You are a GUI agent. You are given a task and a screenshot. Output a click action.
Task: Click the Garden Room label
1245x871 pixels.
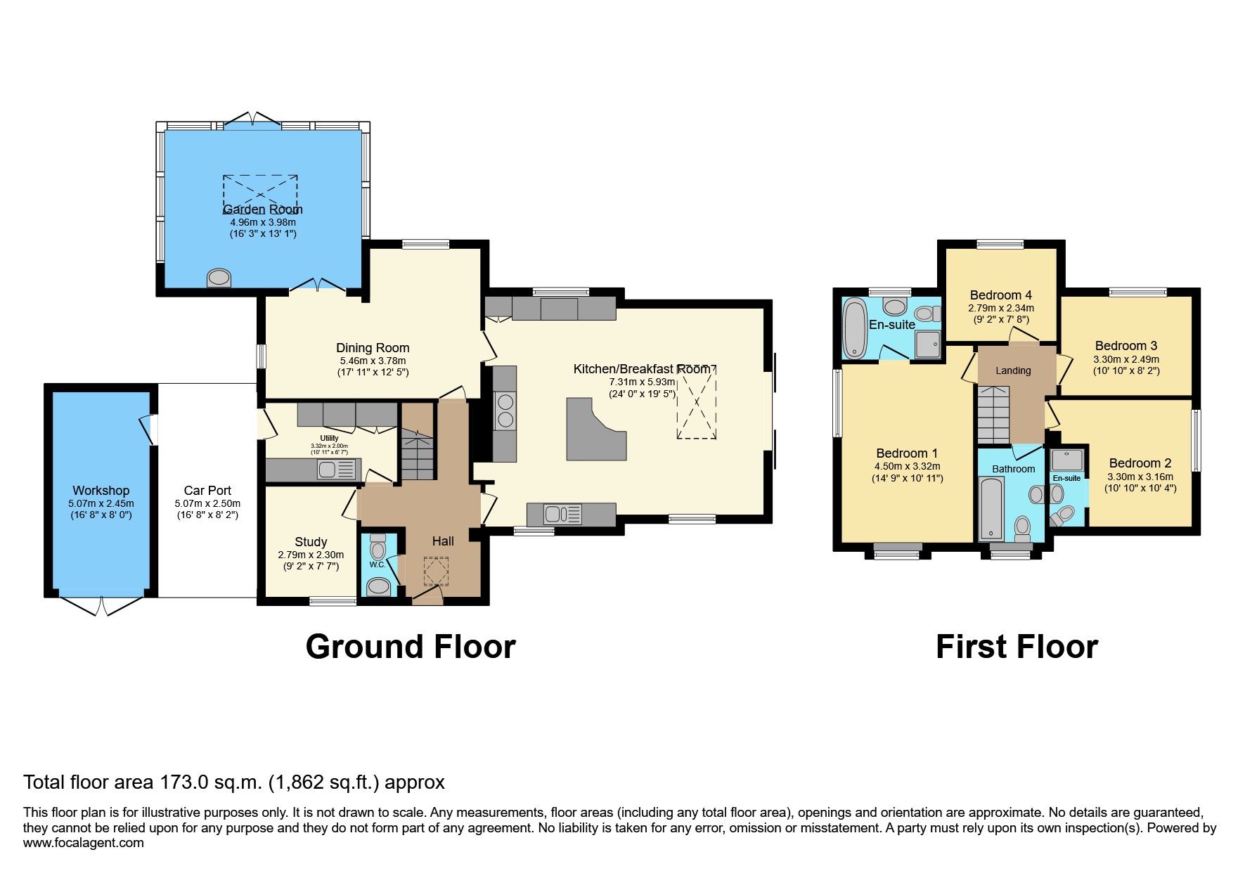click(262, 209)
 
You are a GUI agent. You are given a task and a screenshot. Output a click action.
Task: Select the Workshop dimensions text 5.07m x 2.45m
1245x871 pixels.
click(101, 503)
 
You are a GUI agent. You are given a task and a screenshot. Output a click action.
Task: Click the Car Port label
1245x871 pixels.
click(207, 491)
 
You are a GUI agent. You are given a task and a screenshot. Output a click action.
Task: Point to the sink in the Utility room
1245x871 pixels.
click(328, 470)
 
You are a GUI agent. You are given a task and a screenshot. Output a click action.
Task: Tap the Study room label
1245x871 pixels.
click(311, 542)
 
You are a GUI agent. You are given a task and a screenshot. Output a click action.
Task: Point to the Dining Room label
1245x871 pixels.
click(373, 348)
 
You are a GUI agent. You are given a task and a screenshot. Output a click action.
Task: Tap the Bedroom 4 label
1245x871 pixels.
click(1001, 295)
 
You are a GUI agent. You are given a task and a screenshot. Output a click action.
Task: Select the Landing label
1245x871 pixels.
click(1013, 370)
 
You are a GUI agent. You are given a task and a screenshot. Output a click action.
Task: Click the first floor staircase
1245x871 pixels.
click(992, 415)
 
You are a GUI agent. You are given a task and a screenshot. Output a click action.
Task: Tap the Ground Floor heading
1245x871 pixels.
click(411, 647)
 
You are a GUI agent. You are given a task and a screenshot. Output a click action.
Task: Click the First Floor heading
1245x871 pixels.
click(1017, 647)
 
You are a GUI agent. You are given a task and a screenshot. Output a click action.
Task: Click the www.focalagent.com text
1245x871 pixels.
click(84, 843)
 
